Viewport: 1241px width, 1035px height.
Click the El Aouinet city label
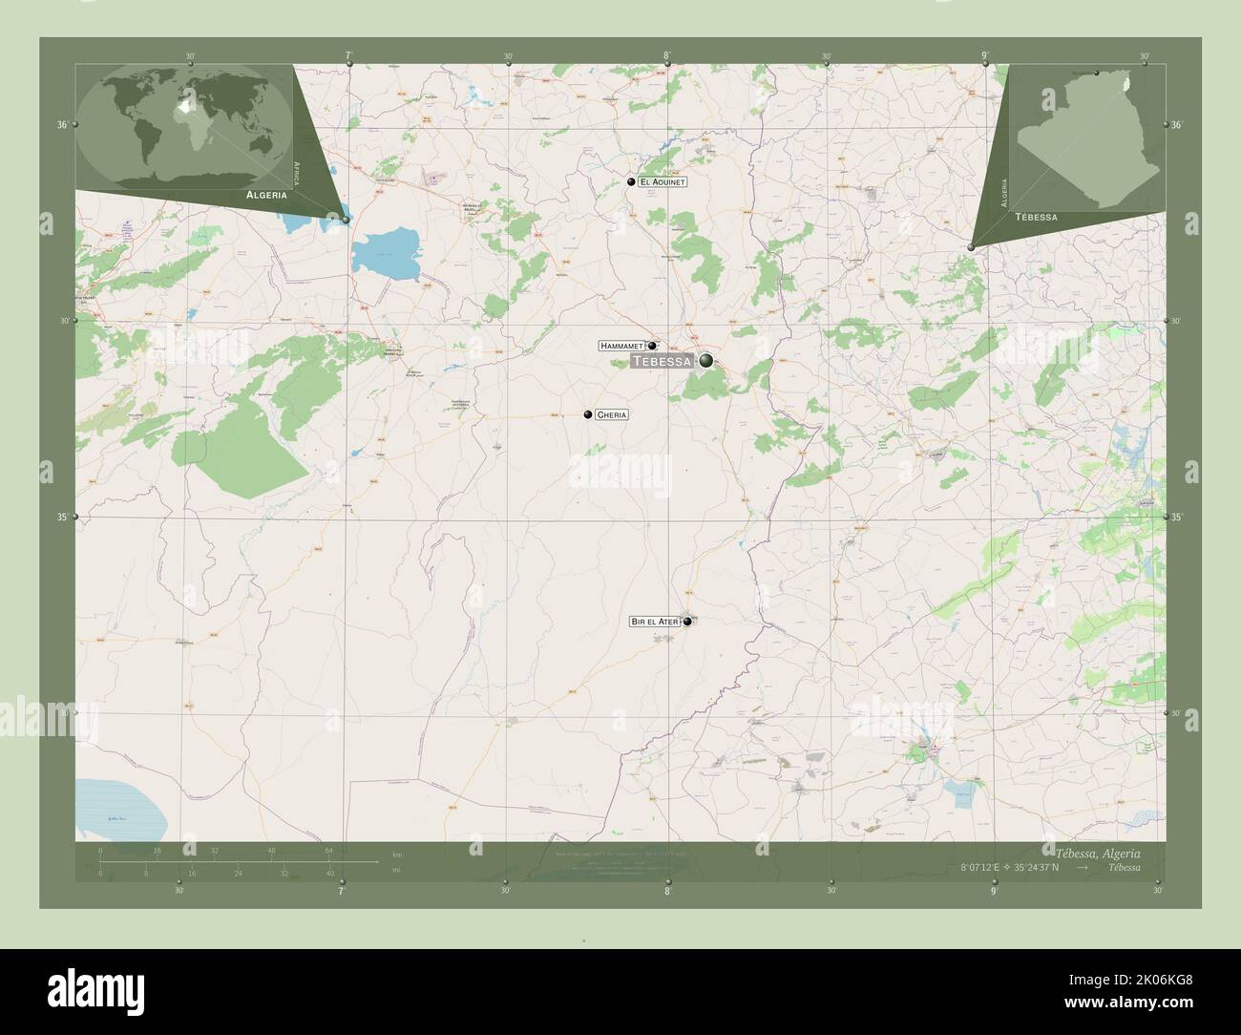click(663, 181)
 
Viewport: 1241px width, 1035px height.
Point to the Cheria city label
click(611, 415)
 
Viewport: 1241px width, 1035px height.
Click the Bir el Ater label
click(654, 622)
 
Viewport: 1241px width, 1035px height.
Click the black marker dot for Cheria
click(588, 414)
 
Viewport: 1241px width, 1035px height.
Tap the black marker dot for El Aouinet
click(632, 181)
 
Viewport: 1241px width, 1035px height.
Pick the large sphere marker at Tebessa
click(705, 360)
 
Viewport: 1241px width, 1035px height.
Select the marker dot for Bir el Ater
click(686, 622)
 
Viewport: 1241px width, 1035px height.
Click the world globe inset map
click(187, 123)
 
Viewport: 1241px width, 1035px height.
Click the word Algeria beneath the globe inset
click(266, 194)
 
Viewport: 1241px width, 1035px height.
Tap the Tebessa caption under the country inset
click(1036, 218)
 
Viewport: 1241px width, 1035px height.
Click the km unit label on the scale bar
click(397, 853)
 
